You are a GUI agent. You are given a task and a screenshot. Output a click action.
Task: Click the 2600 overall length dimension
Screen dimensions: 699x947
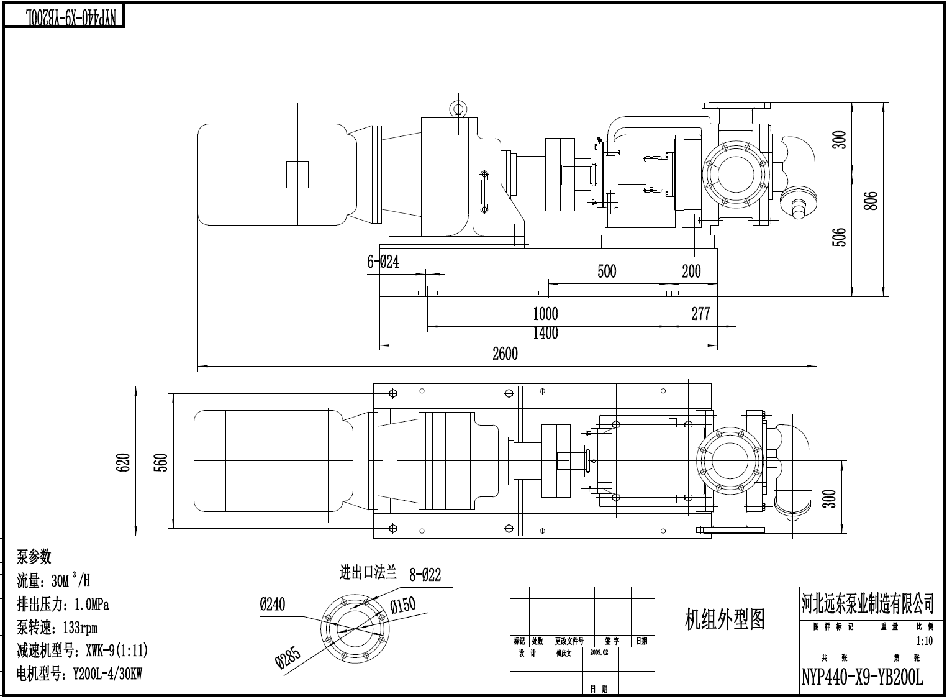[x=504, y=354]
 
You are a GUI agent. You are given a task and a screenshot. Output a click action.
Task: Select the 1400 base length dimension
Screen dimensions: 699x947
[x=545, y=334]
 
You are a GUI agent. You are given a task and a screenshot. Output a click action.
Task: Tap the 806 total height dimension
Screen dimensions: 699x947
[x=871, y=200]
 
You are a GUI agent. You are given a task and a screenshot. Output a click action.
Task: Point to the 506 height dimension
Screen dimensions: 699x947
[x=839, y=238]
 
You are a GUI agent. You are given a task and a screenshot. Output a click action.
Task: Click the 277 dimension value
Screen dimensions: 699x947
[x=700, y=314]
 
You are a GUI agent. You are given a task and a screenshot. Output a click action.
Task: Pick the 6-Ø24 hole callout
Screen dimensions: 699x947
[x=383, y=262]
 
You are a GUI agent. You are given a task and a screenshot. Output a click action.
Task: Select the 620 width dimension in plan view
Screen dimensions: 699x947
[x=124, y=462]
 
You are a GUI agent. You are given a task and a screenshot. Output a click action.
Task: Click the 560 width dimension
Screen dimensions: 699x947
[x=160, y=462]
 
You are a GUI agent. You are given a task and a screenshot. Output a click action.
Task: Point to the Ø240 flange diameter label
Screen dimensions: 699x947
[x=273, y=604]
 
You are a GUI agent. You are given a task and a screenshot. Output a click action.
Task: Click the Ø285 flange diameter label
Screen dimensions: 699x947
[x=289, y=657]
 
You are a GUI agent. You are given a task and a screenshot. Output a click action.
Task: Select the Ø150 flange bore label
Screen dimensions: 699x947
[x=403, y=605]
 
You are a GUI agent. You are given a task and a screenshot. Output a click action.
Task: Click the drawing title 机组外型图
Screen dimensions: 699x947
[x=725, y=619]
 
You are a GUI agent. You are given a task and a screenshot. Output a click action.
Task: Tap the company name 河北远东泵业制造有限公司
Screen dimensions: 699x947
[x=867, y=603]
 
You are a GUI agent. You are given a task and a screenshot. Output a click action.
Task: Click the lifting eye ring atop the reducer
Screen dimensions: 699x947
[x=458, y=105]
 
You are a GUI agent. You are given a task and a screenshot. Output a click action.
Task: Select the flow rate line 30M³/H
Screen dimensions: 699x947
[x=53, y=581]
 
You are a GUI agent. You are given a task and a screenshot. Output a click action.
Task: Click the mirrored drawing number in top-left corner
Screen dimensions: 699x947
[x=64, y=17]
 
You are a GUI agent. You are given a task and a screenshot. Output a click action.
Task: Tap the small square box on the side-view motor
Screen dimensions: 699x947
[x=297, y=174]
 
